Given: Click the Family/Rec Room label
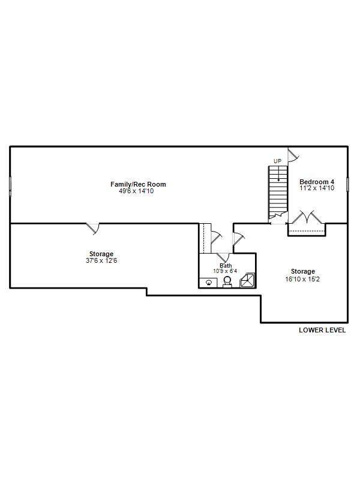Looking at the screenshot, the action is (x=138, y=184).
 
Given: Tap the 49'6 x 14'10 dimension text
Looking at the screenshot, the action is (x=136, y=191).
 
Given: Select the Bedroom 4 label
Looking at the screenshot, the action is (x=317, y=182).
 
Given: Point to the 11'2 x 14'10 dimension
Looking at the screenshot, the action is (x=317, y=188).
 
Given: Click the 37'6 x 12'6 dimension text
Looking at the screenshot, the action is (x=101, y=260).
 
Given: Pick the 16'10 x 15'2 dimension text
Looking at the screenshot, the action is (x=302, y=279).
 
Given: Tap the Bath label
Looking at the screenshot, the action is (x=226, y=266).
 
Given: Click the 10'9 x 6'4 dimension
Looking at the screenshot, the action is (x=225, y=271).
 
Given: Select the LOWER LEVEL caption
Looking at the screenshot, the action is (x=322, y=330).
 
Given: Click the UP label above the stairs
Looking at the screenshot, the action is (x=277, y=161).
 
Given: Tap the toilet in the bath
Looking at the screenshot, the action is (x=227, y=281).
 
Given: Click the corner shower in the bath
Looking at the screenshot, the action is (x=247, y=280).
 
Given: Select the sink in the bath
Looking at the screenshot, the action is (x=209, y=283).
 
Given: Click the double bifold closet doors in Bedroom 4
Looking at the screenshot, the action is (x=307, y=217).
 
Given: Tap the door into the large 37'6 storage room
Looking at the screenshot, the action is (x=93, y=229).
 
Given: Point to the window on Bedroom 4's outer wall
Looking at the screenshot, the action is (x=348, y=185).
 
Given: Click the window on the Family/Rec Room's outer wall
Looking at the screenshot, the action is (x=10, y=186).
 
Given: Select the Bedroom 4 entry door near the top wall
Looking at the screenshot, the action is (x=293, y=155).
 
